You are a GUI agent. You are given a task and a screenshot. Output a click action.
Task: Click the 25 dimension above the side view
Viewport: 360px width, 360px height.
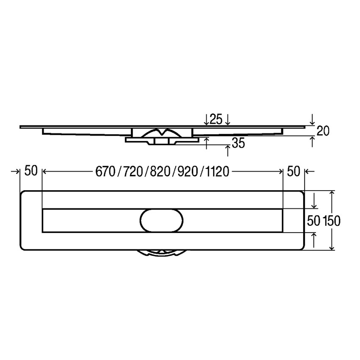[x=216, y=119]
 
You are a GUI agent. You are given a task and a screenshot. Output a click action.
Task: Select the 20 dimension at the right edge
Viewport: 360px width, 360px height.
[x=323, y=131]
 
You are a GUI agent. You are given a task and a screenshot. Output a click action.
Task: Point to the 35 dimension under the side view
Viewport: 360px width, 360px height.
[x=238, y=144]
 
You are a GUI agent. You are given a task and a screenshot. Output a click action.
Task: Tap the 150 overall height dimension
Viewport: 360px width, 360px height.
[x=332, y=221]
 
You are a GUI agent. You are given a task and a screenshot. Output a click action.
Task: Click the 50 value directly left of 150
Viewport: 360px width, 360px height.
[x=313, y=221]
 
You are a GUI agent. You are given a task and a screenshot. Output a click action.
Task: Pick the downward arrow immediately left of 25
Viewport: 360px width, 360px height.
[x=206, y=120]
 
